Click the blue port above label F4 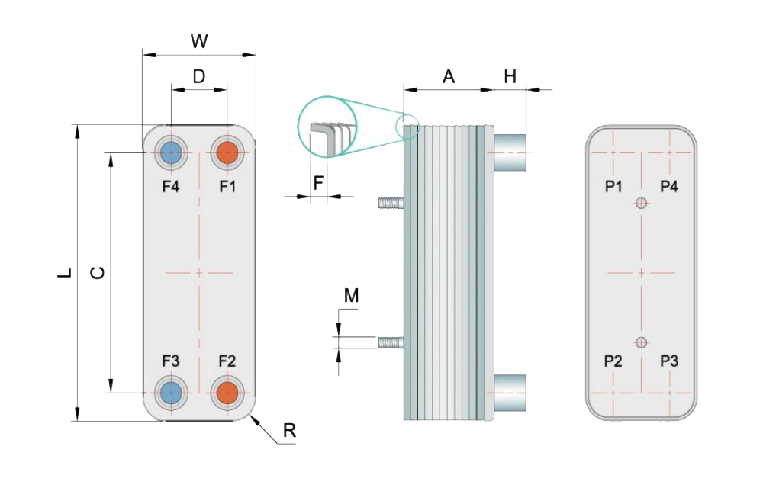coord(171,152)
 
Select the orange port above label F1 coord(227,152)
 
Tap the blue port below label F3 coord(171,393)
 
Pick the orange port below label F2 coord(227,393)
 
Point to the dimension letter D coord(198,76)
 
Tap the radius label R coord(289,431)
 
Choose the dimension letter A coord(449,76)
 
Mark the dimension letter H coord(510,76)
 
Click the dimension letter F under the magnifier coord(318,183)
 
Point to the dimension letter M coord(351,296)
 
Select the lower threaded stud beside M coord(390,342)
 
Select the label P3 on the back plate coord(669,361)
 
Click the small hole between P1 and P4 coord(641,203)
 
